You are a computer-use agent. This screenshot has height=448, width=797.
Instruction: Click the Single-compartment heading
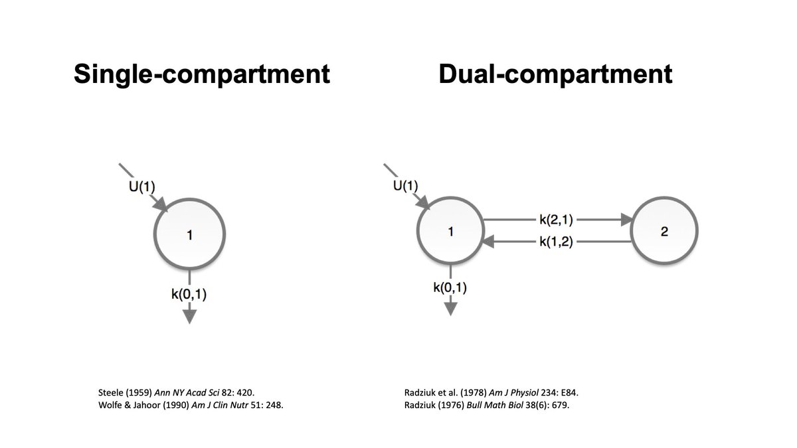point(201,74)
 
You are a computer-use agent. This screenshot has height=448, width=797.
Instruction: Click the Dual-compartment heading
point(555,74)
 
